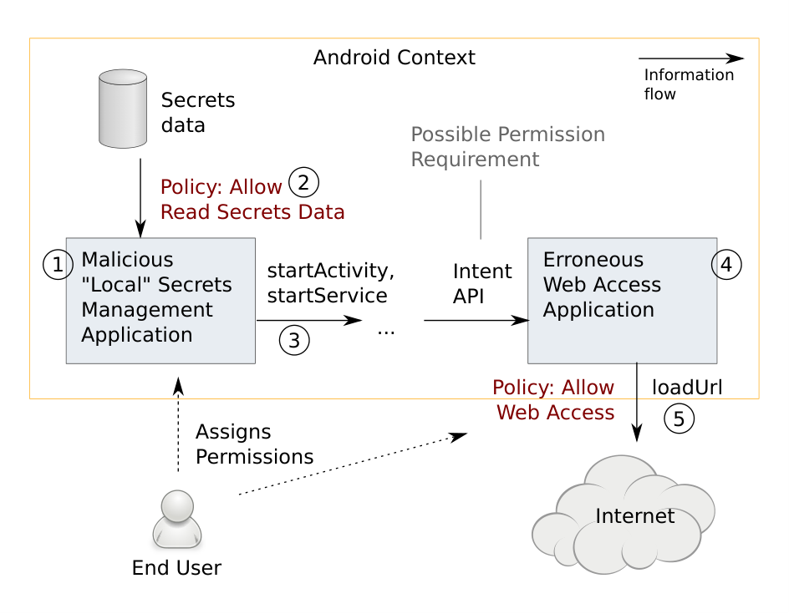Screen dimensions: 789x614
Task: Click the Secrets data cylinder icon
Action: pos(123,109)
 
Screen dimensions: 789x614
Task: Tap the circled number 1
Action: pos(58,265)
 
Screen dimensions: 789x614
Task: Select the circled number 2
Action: pos(303,183)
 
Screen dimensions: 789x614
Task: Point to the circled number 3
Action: pos(294,341)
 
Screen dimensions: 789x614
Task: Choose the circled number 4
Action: pos(726,265)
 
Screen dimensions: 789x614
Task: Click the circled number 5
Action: pos(679,419)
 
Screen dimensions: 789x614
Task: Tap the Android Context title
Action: pos(394,58)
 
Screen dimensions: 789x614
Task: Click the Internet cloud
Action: pos(623,515)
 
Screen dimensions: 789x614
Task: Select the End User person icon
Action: pos(177,519)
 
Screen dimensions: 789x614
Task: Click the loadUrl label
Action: pos(687,388)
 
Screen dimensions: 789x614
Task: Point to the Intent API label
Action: pos(482,284)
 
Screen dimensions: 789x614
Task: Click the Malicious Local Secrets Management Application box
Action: pos(160,301)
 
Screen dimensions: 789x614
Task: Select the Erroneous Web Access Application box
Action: pos(622,301)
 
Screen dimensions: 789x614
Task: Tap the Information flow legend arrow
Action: pos(691,58)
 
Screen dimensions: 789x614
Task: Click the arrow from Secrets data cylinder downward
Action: pos(140,198)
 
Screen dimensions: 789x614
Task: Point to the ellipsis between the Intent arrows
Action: pos(386,332)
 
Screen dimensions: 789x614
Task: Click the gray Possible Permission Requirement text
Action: pos(507,147)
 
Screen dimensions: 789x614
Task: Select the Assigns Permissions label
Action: pos(254,444)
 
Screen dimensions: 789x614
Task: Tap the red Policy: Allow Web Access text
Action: pos(553,400)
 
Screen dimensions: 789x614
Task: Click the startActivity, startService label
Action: pos(331,283)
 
